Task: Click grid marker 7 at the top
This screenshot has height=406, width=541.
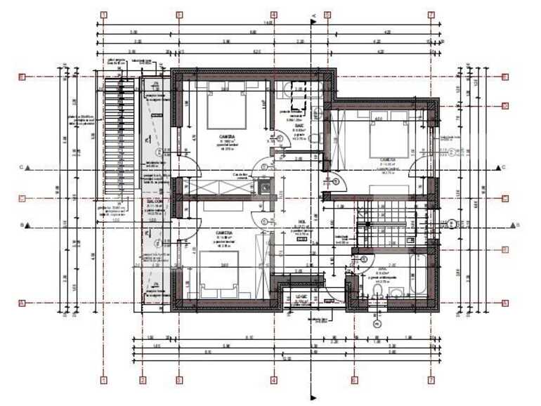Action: (x=431, y=14)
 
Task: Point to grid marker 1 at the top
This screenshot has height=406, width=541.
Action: (x=104, y=14)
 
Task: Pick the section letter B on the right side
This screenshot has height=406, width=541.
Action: (x=517, y=225)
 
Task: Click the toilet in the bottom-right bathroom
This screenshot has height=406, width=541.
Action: (x=377, y=292)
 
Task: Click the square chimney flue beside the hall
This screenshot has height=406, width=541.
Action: (x=265, y=187)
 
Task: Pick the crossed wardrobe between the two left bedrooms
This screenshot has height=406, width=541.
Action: (x=222, y=188)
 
